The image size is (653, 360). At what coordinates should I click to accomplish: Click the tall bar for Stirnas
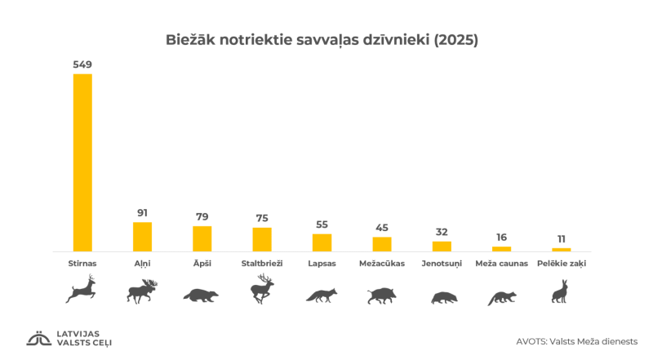82,162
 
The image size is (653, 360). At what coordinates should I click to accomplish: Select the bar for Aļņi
142,237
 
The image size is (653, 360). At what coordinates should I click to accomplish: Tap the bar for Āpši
202,238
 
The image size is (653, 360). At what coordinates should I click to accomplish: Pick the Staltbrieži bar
262,239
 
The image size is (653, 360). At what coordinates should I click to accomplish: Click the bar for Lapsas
322,242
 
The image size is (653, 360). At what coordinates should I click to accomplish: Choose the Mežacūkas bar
382,244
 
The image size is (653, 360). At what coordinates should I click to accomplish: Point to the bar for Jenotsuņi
442,246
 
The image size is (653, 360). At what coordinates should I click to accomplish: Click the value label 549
82,63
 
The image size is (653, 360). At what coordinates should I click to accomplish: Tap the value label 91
142,212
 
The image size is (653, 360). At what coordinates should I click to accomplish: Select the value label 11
562,238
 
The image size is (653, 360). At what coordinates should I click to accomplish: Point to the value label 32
442,232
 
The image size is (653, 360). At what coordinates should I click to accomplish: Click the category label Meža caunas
501,264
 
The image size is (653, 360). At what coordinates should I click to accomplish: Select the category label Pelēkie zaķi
562,264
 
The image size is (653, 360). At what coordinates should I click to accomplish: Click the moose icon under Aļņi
142,291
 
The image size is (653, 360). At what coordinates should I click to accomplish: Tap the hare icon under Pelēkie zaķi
561,291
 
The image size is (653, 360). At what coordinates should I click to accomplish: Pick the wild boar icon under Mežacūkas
381,296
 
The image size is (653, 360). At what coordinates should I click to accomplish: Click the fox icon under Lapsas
322,296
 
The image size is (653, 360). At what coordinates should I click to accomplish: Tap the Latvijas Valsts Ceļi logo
69,338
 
